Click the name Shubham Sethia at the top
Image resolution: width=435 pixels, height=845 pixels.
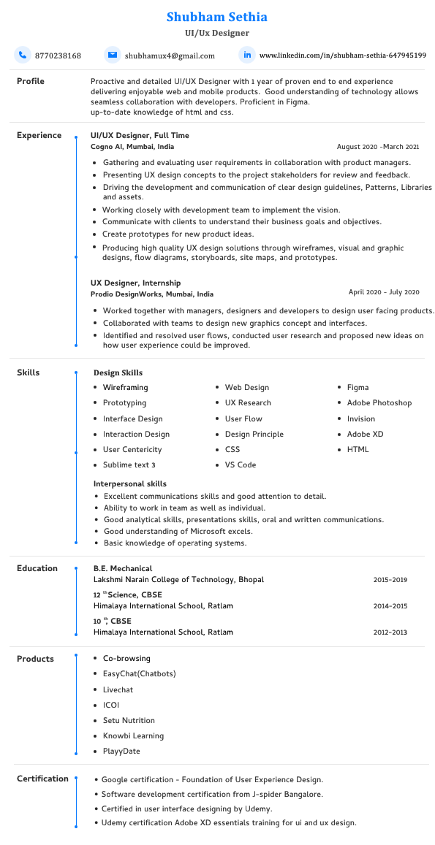[x=217, y=17]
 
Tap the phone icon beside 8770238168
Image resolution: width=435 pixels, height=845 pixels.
[x=23, y=55]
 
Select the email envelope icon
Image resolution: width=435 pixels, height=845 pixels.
[x=112, y=55]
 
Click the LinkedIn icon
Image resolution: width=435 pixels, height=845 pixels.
[x=247, y=55]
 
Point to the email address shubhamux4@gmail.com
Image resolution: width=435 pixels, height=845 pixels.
[x=170, y=56]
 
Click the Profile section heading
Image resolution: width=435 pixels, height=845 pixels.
[x=31, y=81]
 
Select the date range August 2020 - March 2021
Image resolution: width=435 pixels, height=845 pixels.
[x=378, y=147]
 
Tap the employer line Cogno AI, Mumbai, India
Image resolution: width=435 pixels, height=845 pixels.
[x=132, y=147]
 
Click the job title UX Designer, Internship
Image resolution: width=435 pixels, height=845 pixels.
[x=135, y=283]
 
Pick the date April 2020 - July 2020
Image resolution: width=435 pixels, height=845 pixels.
[x=384, y=292]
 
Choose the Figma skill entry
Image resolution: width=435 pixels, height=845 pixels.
[x=358, y=387]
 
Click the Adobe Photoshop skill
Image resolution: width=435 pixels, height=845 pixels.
[x=379, y=402]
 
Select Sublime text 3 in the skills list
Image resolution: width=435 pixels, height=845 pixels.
[x=129, y=464]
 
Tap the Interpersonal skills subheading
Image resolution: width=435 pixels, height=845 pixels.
[x=129, y=483]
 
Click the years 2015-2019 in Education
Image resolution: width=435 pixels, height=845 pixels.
[x=390, y=580]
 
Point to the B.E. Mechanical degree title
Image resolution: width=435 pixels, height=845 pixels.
[x=122, y=568]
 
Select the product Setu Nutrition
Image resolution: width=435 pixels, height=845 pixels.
[x=129, y=720]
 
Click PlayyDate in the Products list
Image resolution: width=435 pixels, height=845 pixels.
[x=121, y=751]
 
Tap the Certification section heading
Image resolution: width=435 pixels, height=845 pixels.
[x=42, y=779]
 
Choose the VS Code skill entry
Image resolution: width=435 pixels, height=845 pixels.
[x=240, y=464]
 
